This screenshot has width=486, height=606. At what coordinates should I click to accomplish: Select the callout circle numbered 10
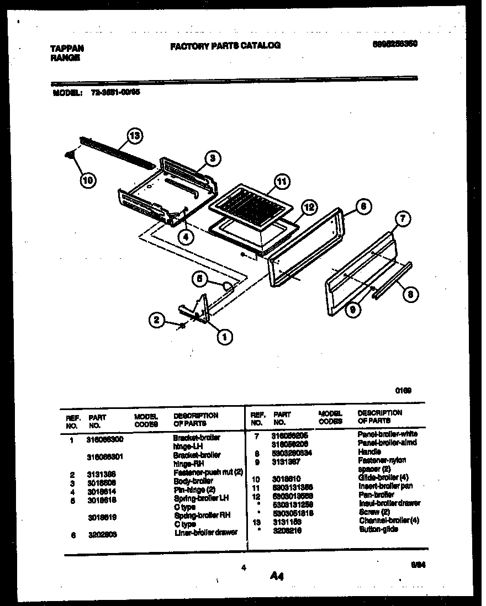(88, 179)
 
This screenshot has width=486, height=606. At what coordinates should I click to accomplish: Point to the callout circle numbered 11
(282, 181)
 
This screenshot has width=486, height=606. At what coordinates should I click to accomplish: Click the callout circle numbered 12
(309, 208)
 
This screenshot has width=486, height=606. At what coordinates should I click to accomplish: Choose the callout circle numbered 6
(362, 207)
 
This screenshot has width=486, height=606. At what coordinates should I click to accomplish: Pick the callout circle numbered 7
(403, 219)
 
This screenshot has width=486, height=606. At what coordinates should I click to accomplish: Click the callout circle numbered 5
(201, 280)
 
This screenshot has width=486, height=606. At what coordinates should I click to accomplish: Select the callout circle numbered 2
(157, 320)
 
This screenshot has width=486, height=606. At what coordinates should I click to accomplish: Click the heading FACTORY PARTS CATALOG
(225, 46)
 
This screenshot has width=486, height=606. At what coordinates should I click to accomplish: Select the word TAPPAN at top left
(63, 49)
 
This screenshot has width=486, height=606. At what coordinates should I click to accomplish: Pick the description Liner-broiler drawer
(205, 533)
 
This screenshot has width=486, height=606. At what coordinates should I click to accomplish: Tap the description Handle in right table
(369, 451)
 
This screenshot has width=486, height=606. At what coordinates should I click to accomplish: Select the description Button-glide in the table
(378, 529)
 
